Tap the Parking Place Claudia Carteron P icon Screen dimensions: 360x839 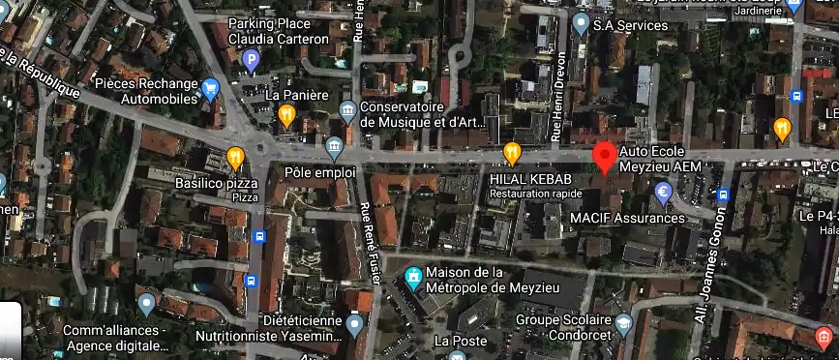coord(251,62)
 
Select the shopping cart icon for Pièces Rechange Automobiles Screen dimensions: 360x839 coord(210,90)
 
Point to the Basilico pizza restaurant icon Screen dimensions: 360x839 coord(235,158)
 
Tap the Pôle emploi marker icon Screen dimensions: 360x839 coord(335,149)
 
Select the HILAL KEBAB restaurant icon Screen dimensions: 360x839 coord(512,153)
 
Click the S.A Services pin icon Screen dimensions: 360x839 coord(581,21)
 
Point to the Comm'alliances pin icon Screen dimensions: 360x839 coord(146,305)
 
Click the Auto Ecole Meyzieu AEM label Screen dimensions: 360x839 coord(660,160)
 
